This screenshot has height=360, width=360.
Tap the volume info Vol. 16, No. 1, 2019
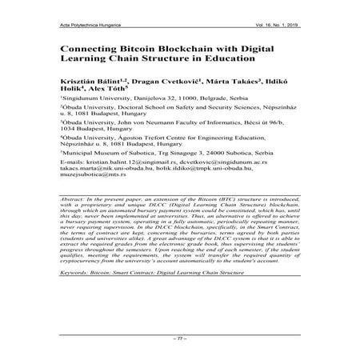tap(271, 26)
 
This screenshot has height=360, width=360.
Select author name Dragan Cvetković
tap(168, 82)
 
